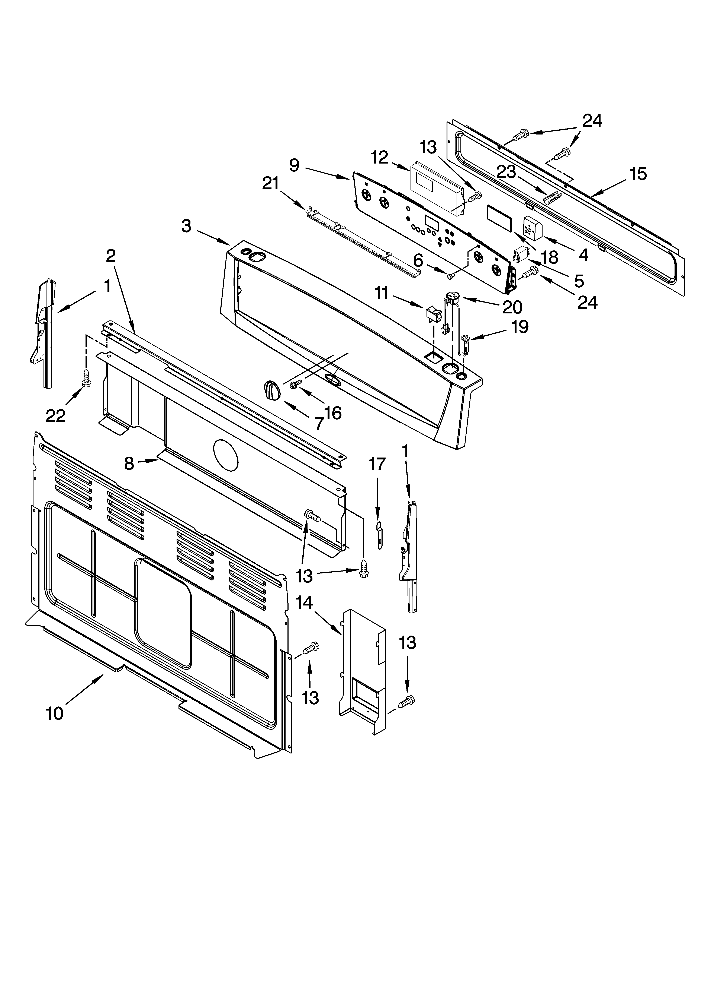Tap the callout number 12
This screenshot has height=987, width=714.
click(380, 158)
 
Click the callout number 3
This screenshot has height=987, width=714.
click(186, 226)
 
